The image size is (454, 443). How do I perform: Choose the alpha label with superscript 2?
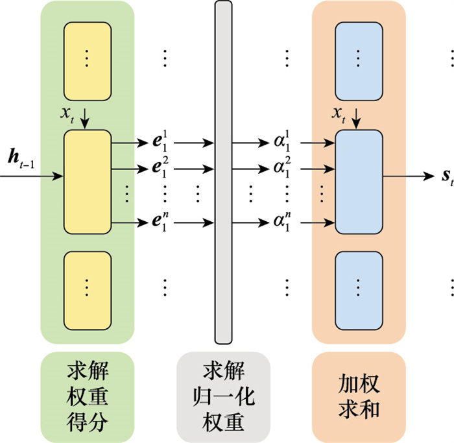(x=281, y=169)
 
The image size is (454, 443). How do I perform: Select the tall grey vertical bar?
(x=223, y=172)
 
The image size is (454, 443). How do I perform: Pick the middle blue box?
(x=359, y=182)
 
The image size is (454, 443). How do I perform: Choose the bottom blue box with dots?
(x=359, y=285)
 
